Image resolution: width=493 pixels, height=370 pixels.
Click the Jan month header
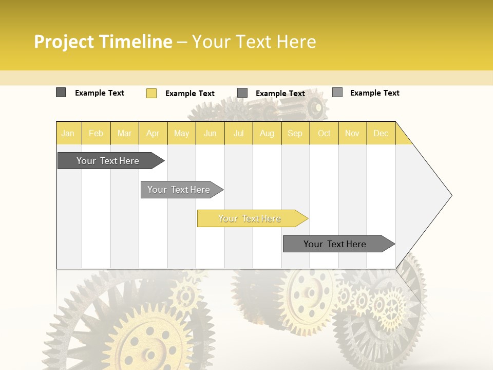(x=68, y=133)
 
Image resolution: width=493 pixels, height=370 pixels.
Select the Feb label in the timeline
(x=96, y=133)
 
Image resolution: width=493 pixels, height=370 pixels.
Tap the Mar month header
(x=124, y=133)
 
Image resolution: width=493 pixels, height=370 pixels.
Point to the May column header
(x=181, y=133)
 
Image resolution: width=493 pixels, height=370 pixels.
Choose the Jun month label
(x=210, y=133)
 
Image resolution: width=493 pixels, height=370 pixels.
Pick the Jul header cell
(x=238, y=133)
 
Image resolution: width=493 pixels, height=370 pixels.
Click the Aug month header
(x=267, y=133)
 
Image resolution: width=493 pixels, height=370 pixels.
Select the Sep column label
(x=295, y=133)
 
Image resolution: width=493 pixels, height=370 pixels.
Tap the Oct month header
(x=324, y=133)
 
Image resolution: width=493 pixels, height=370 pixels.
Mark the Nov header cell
(x=352, y=133)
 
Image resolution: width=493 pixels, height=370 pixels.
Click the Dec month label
(x=381, y=133)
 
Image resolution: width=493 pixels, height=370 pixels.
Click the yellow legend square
(x=151, y=93)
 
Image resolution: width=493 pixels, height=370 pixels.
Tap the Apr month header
(x=153, y=133)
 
